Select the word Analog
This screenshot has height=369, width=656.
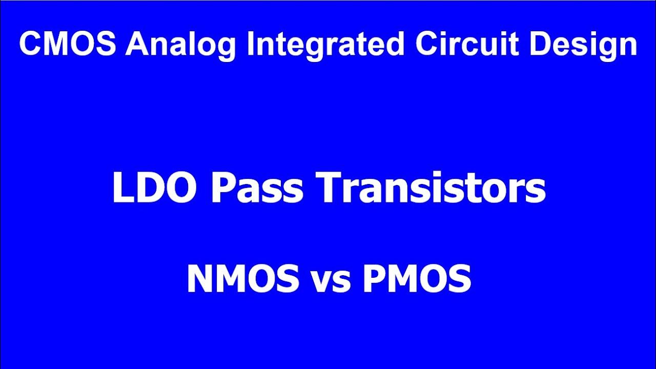(181, 45)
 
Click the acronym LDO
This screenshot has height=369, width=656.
(157, 188)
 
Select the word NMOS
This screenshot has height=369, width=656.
(243, 279)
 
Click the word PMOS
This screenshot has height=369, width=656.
(417, 279)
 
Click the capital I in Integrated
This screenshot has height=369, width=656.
(250, 44)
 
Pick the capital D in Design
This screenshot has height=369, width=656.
(540, 44)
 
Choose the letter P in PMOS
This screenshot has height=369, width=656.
(373, 279)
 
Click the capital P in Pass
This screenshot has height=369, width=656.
(222, 188)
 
